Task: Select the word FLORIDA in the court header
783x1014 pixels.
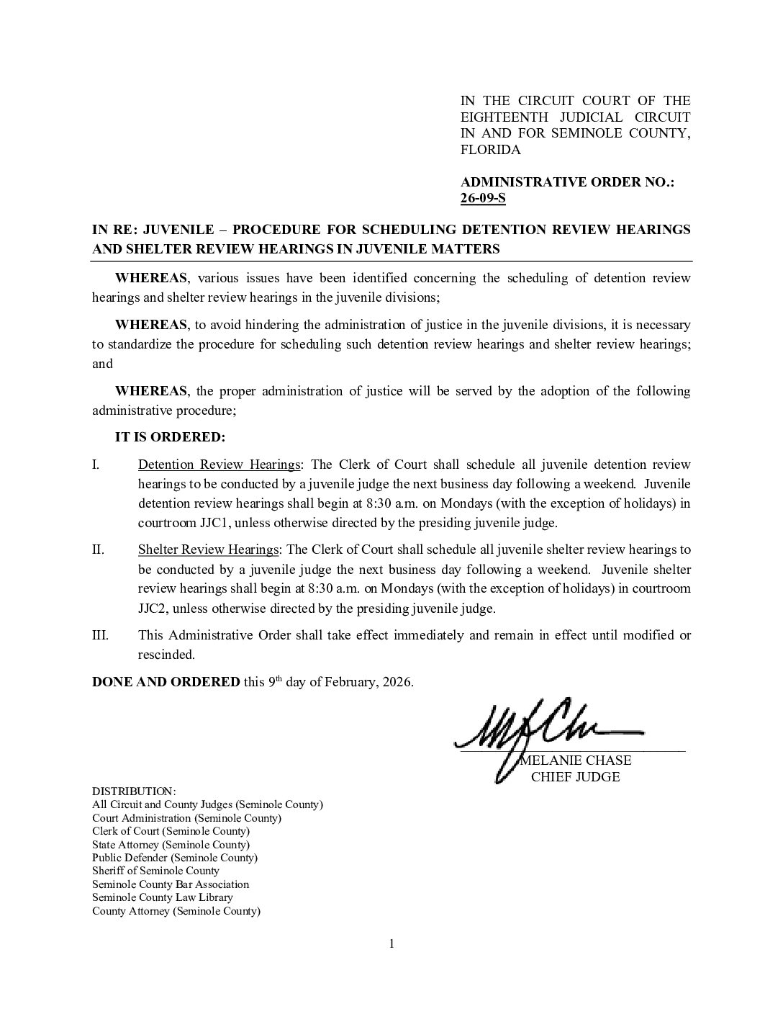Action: (490, 150)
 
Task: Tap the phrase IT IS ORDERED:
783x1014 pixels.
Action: (170, 437)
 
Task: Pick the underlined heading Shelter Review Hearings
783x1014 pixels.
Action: (208, 549)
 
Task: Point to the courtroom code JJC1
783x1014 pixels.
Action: (214, 523)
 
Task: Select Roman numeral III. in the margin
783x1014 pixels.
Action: (101, 635)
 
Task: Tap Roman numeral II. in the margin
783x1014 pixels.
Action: (99, 549)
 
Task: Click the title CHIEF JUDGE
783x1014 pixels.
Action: (575, 777)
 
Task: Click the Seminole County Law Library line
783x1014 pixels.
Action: (163, 897)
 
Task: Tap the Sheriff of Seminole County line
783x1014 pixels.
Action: (155, 871)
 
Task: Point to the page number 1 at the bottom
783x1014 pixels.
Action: (391, 944)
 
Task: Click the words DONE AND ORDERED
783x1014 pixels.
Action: (166, 682)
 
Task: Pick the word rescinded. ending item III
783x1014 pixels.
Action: (166, 655)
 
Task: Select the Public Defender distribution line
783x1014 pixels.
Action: (175, 858)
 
